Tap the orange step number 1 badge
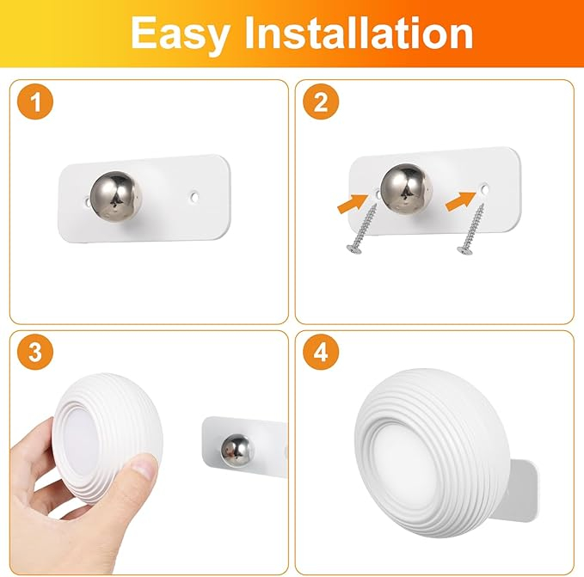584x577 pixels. click(x=35, y=101)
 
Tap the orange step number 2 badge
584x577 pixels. click(x=321, y=101)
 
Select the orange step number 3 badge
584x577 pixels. click(x=35, y=352)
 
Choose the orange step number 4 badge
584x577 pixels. click(x=321, y=352)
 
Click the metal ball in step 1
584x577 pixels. click(x=116, y=197)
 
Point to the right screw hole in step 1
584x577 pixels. click(x=194, y=196)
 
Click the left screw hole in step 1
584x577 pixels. click(x=87, y=201)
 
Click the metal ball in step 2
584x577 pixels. click(x=406, y=189)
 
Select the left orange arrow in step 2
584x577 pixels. click(x=353, y=203)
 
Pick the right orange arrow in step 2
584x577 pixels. click(x=461, y=201)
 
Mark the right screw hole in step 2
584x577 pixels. click(x=484, y=189)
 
